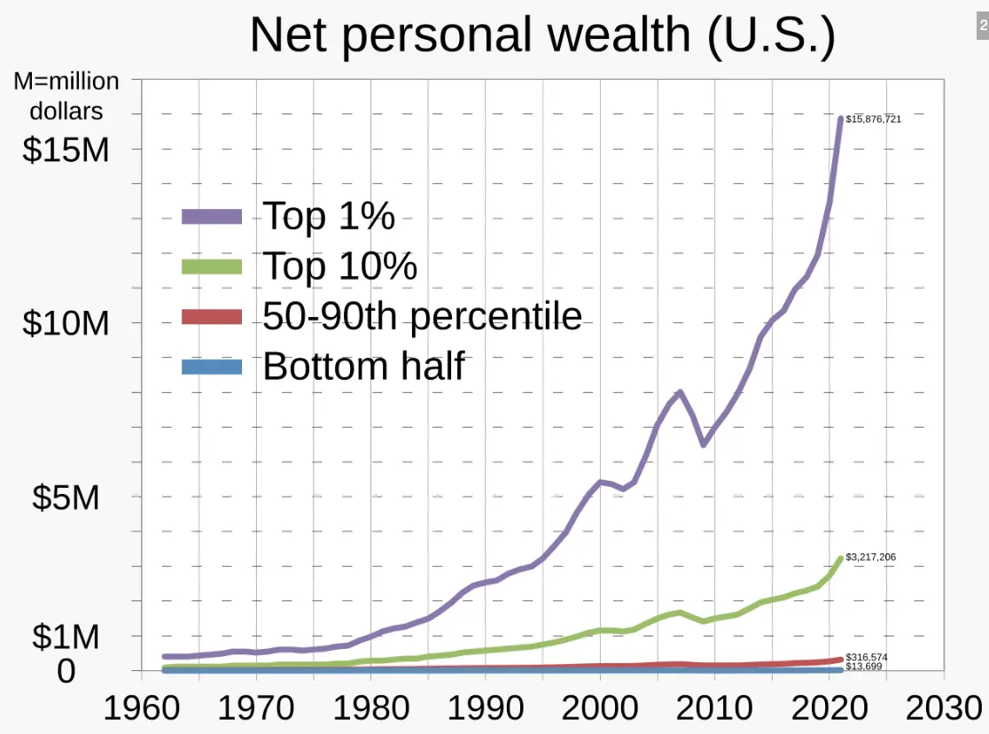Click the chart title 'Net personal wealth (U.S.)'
point(542,35)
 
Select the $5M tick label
point(66,497)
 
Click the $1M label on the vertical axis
point(66,637)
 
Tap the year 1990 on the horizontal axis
point(486,708)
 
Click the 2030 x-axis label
point(944,708)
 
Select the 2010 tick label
point(715,708)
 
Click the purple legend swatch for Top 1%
point(212,216)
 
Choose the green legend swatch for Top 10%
point(212,266)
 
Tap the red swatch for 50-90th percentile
point(212,316)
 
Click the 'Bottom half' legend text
point(363,366)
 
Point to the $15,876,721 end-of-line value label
point(873,119)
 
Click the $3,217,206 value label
point(870,557)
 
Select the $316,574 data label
point(867,657)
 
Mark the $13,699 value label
point(864,666)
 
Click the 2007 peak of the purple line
point(680,391)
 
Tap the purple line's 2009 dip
point(704,444)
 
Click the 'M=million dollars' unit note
point(66,96)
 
